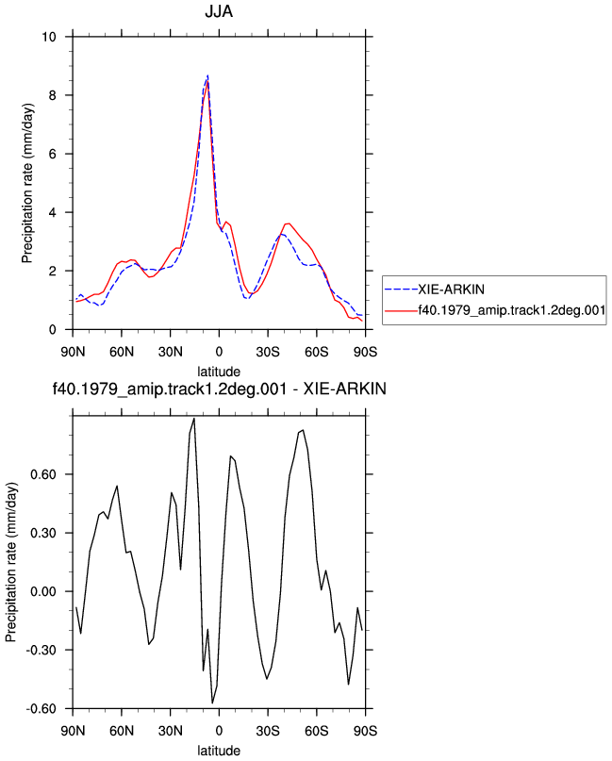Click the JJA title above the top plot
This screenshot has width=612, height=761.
(219, 11)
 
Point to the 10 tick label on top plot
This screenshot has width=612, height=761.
(49, 37)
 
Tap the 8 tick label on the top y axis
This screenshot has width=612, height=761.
(53, 95)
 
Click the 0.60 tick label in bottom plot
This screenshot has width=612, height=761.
(43, 474)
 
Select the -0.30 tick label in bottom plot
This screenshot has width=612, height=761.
(41, 650)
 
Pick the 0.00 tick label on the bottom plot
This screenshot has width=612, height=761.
(43, 591)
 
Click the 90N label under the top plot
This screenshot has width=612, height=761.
(73, 352)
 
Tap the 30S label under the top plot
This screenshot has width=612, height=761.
(268, 352)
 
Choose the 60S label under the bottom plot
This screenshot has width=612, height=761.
(317, 731)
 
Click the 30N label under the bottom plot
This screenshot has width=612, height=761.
(171, 731)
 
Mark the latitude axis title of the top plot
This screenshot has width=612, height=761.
(219, 372)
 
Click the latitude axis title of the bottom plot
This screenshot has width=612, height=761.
(219, 751)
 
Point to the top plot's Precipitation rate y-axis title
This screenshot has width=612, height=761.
(27, 183)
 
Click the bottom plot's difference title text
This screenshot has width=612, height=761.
(220, 389)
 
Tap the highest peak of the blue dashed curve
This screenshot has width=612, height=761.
(207, 75)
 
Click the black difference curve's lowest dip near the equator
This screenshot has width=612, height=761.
(212, 703)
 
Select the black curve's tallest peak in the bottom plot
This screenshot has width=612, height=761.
(194, 419)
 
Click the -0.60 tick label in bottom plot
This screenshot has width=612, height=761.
(41, 708)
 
